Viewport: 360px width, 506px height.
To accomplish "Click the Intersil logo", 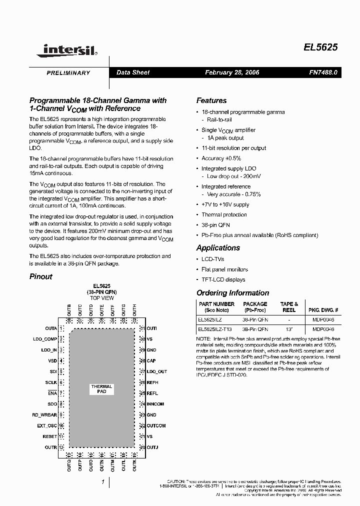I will [x=69, y=49].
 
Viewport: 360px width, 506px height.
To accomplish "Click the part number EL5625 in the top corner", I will [x=320, y=47].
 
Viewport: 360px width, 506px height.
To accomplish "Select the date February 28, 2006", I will [x=232, y=72].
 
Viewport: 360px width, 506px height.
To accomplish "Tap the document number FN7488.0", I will [x=323, y=72].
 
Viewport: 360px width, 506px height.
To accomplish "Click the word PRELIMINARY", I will [x=68, y=73].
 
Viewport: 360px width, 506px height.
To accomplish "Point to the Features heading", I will [x=211, y=100].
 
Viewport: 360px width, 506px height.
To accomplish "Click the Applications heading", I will [x=218, y=248].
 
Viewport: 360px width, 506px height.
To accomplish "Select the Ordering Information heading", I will [x=232, y=293].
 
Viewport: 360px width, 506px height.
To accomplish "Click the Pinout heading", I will [x=40, y=276].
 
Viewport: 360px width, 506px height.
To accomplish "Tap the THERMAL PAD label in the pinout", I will [x=101, y=389].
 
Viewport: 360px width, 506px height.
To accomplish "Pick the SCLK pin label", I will [x=50, y=382].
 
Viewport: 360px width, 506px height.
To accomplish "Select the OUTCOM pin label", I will [x=156, y=425].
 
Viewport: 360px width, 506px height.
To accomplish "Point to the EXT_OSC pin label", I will [x=47, y=425].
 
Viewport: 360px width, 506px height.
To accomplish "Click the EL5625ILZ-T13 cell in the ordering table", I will [x=216, y=329].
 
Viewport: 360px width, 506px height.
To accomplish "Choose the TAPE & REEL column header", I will [x=289, y=307].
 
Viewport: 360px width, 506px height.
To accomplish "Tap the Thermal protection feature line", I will [x=224, y=214].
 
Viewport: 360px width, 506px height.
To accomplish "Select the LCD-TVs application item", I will [x=212, y=259].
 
